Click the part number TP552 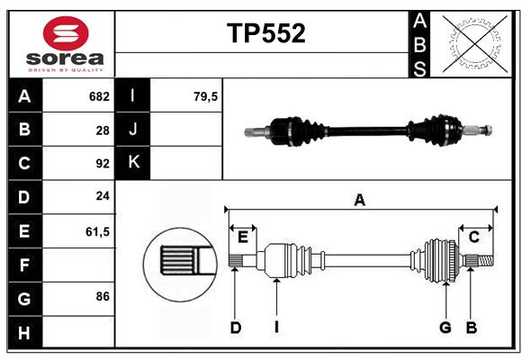[x=265, y=33]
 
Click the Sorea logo [x=66, y=43]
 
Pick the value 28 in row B [x=102, y=130]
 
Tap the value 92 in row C [x=102, y=164]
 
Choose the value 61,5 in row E [x=97, y=231]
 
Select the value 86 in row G [x=102, y=296]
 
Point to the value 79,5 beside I [x=206, y=96]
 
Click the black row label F [x=24, y=265]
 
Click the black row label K [x=133, y=163]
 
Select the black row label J [x=133, y=130]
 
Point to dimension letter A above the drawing [x=360, y=201]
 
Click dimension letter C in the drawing [x=473, y=237]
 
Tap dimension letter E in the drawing [x=242, y=237]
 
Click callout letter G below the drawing [x=445, y=328]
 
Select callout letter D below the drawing [x=235, y=328]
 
